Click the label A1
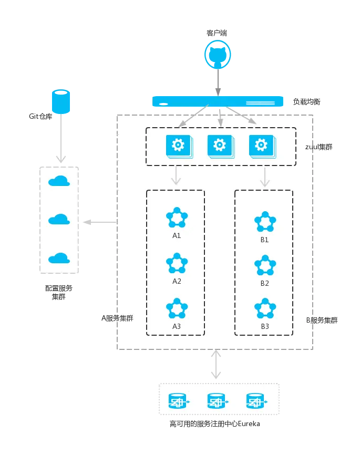[x=177, y=235]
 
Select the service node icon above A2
[x=177, y=263]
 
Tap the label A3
[x=177, y=326]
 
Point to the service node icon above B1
[x=265, y=222]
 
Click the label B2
[x=265, y=283]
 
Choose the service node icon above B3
[x=265, y=309]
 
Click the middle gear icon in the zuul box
[x=220, y=145]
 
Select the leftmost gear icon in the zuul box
[x=178, y=145]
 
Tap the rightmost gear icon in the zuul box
[x=261, y=145]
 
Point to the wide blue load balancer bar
[x=218, y=101]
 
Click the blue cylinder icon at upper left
[x=61, y=101]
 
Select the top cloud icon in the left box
[x=59, y=181]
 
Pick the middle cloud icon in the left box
[x=59, y=219]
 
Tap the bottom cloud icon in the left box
[x=59, y=258]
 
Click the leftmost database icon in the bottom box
[x=178, y=402]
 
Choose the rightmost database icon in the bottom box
[x=255, y=402]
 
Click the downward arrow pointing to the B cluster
[x=265, y=177]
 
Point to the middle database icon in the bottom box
[x=217, y=402]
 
